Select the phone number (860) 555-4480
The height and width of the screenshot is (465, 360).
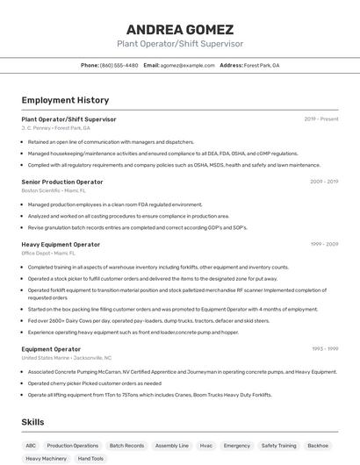119,65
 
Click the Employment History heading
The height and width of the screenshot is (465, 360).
65,100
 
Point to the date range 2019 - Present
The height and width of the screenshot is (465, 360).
320,118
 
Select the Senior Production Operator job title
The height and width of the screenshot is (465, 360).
62,182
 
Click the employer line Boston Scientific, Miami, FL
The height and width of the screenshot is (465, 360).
54,190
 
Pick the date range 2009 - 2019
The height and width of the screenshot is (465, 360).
324,182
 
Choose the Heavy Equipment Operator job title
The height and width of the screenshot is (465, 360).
61,244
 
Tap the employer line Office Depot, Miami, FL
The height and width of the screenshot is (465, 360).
49,253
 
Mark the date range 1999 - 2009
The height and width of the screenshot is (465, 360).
324,244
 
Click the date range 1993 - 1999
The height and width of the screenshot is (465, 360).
325,348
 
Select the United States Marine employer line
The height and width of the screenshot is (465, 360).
66,357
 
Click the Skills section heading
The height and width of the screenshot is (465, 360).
33,422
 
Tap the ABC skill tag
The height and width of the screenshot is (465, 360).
31,446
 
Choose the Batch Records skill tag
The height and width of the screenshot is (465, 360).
127,446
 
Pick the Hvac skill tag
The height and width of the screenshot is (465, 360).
206,446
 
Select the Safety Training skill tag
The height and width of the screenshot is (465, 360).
278,446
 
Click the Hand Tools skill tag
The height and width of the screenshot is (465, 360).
90,459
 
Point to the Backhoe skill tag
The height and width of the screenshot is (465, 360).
318,446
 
